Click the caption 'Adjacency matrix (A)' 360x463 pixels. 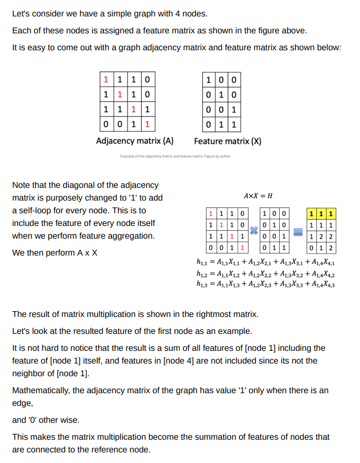click(x=135, y=141)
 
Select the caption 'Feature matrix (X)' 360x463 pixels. click(x=227, y=141)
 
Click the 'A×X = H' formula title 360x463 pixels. click(x=258, y=196)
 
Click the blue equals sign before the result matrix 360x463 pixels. click(x=299, y=231)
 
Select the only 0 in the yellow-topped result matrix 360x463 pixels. click(x=313, y=248)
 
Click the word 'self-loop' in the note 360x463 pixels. click(x=37, y=211)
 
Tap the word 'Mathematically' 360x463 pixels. click(x=40, y=391)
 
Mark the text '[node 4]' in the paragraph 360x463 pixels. click(x=179, y=361)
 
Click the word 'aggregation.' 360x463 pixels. click(x=131, y=236)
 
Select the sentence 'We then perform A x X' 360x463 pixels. click(x=54, y=252)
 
